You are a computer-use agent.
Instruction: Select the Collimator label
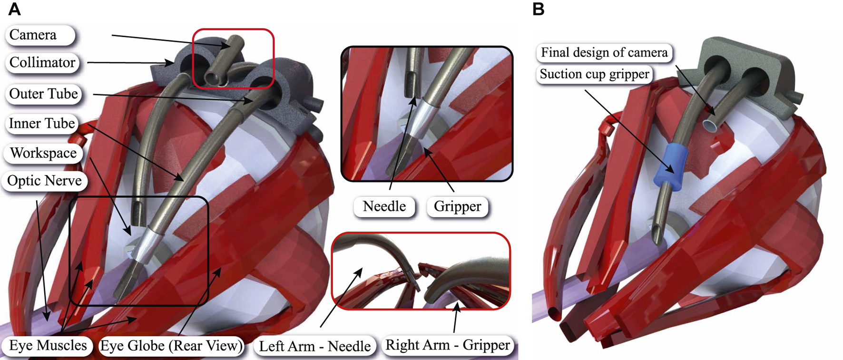pos(42,63)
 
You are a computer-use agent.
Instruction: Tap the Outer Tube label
pos(43,94)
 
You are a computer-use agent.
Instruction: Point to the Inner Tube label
pos(42,124)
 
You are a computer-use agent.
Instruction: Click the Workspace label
pos(43,153)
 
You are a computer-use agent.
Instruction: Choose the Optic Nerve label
pos(45,181)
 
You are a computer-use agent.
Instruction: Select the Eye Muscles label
pos(48,346)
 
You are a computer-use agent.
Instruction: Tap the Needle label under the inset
pos(384,206)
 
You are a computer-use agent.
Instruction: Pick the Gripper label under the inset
pos(457,206)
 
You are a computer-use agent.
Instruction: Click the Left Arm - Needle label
pos(314,346)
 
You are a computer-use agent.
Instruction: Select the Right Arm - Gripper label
pos(448,345)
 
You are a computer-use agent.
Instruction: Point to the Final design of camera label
pos(604,52)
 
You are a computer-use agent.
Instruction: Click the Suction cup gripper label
pos(594,74)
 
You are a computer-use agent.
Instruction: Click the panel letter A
pos(15,10)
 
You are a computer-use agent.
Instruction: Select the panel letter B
pos(538,10)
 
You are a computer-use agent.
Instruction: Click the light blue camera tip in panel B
pos(710,125)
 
